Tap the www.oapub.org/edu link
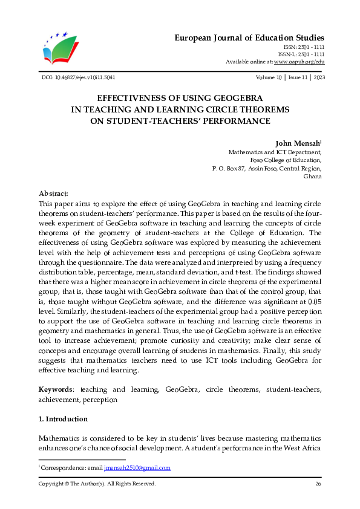(299, 62)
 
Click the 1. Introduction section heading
(63, 419)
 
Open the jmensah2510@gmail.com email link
(137, 468)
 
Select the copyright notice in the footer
(97, 484)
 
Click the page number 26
(318, 484)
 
